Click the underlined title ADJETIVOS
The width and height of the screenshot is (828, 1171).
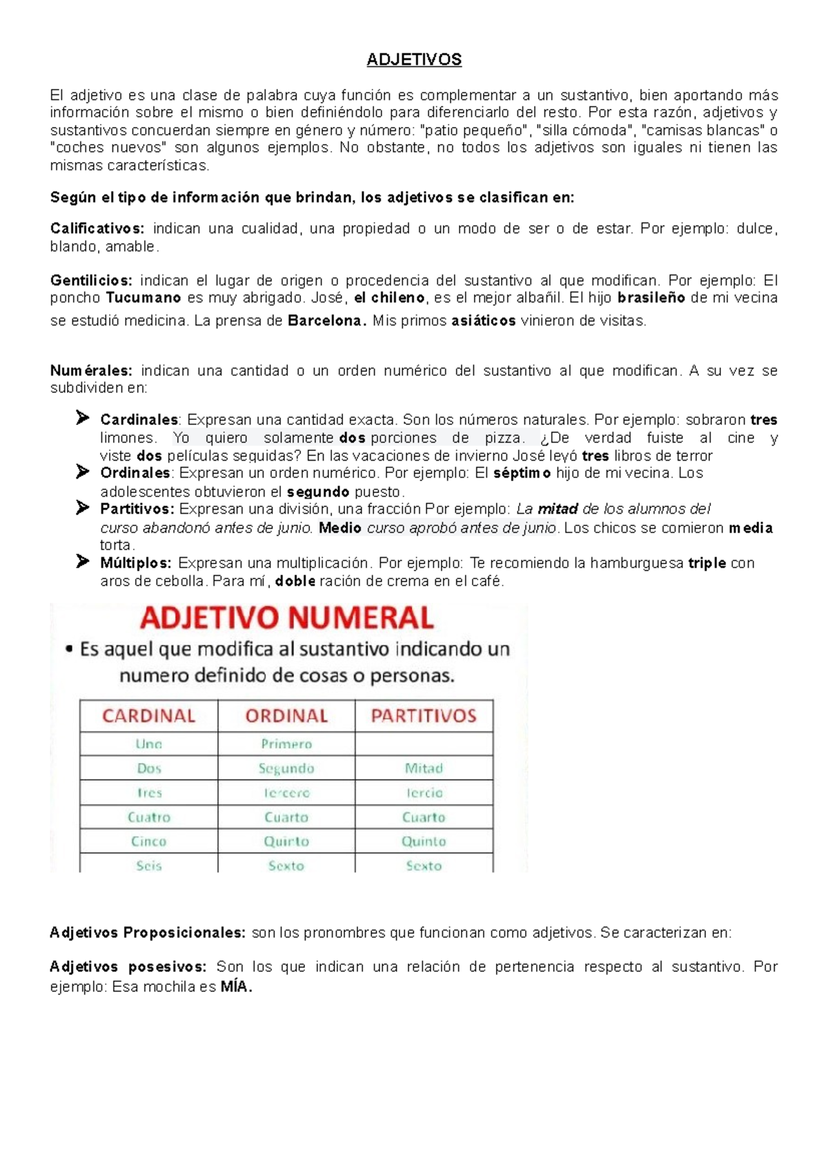pyautogui.click(x=414, y=60)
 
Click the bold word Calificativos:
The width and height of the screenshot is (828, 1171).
pyautogui.click(x=97, y=229)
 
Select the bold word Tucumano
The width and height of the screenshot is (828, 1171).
pyautogui.click(x=144, y=298)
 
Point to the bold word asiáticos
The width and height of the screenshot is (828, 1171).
pyautogui.click(x=483, y=321)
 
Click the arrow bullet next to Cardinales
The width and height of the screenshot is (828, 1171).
pyautogui.click(x=82, y=418)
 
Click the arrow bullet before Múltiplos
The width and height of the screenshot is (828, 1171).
pyautogui.click(x=82, y=561)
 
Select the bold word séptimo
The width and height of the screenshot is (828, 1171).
pyautogui.click(x=522, y=473)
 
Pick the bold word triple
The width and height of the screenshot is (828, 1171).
pyautogui.click(x=707, y=563)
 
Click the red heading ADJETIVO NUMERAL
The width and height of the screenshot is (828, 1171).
pyautogui.click(x=287, y=618)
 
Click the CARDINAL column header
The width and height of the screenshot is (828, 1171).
pyautogui.click(x=149, y=716)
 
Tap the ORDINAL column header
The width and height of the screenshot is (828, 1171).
pyautogui.click(x=286, y=716)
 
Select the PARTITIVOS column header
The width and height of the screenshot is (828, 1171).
pyautogui.click(x=424, y=716)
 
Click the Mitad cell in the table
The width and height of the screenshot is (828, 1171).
pyautogui.click(x=424, y=768)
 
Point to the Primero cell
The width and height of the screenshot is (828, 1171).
pyautogui.click(x=286, y=744)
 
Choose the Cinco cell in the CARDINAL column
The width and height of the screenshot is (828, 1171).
pyautogui.click(x=149, y=841)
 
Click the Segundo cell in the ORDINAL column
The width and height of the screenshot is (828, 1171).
pyautogui.click(x=286, y=768)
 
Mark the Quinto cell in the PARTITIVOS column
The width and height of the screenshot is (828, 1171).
pyautogui.click(x=424, y=841)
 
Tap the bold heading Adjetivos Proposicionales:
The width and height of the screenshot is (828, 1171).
pyautogui.click(x=148, y=933)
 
